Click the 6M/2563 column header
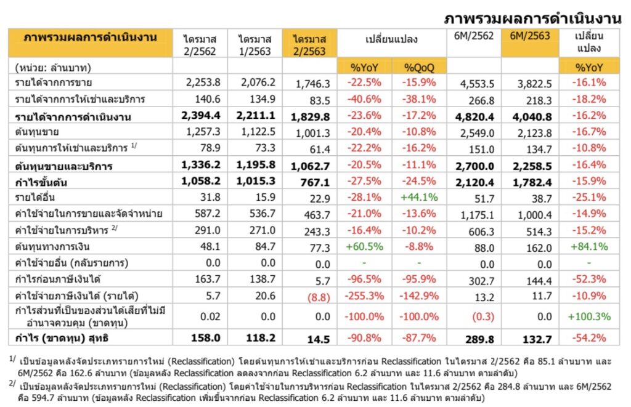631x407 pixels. (529, 36)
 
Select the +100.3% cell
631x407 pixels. (588, 316)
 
